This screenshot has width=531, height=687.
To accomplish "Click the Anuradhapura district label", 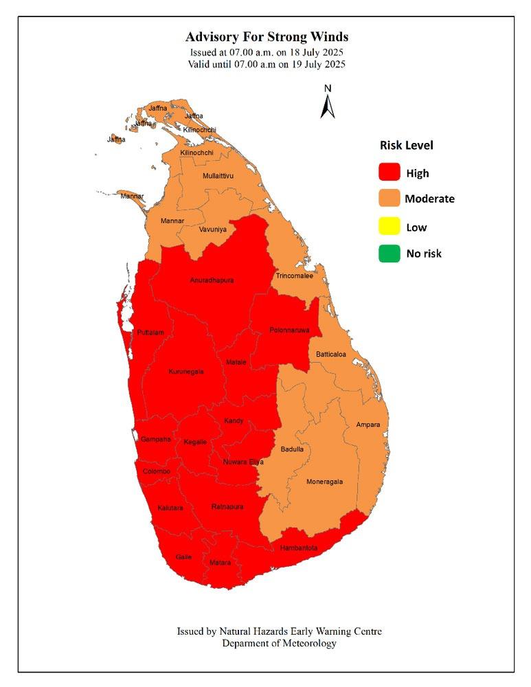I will pyautogui.click(x=212, y=281).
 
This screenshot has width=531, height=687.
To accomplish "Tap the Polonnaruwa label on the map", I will pyautogui.click(x=290, y=330).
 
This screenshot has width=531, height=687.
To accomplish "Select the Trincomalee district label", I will pyautogui.click(x=294, y=276).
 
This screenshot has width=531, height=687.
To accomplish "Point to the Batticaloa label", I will pyautogui.click(x=331, y=354).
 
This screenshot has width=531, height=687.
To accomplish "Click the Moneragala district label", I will pyautogui.click(x=324, y=482).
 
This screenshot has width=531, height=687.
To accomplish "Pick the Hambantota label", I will pyautogui.click(x=299, y=548).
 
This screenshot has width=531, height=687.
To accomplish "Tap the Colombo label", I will pyautogui.click(x=157, y=471).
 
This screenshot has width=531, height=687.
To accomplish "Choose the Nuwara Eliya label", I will pyautogui.click(x=243, y=462).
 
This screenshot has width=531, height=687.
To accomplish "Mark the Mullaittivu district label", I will pyautogui.click(x=218, y=176).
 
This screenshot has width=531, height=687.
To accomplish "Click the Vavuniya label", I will pyautogui.click(x=213, y=229).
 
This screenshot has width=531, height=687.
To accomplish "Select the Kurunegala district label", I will pyautogui.click(x=186, y=372).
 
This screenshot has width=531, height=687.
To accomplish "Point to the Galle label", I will pyautogui.click(x=183, y=556).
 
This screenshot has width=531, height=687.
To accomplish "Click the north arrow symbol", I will pyautogui.click(x=328, y=102).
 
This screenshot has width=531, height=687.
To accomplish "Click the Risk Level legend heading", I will pyautogui.click(x=406, y=146).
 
